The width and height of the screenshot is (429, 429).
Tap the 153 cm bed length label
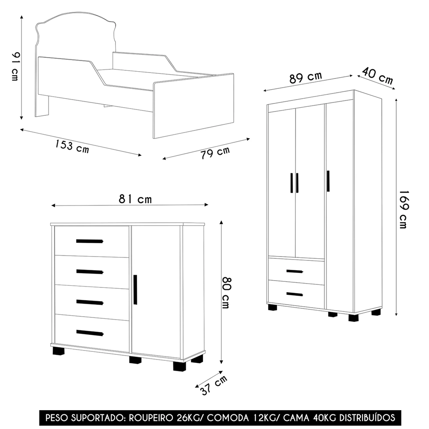point(72,146)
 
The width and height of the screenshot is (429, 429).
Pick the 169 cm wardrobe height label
point(403,209)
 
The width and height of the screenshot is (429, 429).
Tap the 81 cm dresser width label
point(135,199)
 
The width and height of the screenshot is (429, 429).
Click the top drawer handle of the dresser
point(90,241)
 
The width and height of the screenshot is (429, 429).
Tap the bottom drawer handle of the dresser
point(90,333)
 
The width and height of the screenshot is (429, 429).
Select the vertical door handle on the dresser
point(136,290)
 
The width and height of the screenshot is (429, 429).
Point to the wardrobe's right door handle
point(328,181)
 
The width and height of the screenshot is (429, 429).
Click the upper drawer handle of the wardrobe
point(294,271)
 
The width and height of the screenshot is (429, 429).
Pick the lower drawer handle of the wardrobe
point(294,294)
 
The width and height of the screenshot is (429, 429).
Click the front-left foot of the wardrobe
point(273,307)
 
